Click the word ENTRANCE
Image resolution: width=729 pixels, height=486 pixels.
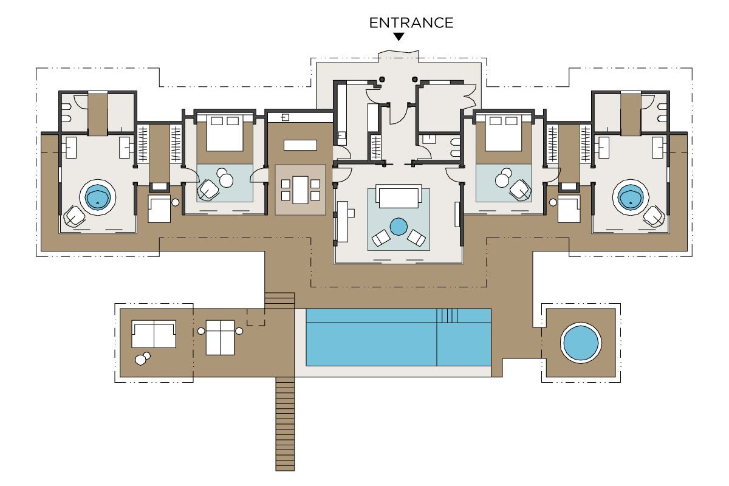point(411,23)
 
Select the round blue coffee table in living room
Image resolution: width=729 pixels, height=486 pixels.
point(399,227)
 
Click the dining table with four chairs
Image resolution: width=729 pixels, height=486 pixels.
point(300,190)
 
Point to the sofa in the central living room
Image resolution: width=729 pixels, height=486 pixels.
point(399,196)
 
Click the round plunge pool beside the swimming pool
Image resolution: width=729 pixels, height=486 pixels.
point(581,343)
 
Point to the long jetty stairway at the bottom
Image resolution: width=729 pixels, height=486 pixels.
point(285,424)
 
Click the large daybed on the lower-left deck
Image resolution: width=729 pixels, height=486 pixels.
point(154,334)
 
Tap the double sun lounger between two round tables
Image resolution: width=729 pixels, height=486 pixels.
point(221,338)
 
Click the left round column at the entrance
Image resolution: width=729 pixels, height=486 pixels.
point(382,79)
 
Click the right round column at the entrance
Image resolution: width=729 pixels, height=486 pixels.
point(414,79)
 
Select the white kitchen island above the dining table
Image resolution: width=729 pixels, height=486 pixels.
point(300,145)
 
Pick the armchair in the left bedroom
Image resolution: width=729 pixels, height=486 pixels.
point(209,190)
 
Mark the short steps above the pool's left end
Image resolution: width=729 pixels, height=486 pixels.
point(279,301)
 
